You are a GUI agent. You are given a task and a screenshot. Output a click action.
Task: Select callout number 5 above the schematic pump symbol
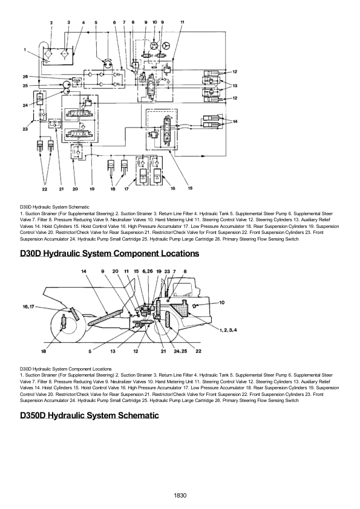coord(96,22)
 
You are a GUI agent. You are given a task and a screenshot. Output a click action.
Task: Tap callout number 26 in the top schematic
coord(25,77)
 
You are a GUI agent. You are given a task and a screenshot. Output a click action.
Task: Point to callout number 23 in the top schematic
coord(25,128)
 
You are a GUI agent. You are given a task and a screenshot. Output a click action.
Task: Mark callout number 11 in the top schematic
coord(182,22)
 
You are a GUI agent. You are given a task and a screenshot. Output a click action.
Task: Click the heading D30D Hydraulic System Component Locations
coord(110,253)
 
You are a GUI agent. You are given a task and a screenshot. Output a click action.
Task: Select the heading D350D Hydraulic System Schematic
coord(90,415)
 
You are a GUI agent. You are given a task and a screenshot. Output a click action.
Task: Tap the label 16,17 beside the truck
coord(29,307)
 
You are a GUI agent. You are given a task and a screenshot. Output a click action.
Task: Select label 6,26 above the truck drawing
coord(147,271)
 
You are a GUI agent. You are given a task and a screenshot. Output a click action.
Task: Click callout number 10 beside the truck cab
coord(222,301)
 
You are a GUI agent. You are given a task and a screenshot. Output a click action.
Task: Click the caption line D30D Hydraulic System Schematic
coord(54,207)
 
